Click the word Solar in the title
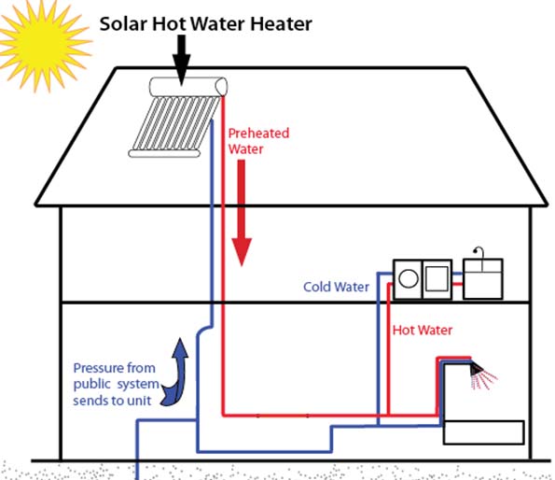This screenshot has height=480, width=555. [123, 24]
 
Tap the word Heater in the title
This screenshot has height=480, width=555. [281, 24]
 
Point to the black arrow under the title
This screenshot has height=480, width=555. [181, 60]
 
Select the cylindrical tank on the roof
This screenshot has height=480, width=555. [188, 87]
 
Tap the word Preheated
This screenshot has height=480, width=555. [258, 134]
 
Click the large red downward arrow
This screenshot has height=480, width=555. [242, 213]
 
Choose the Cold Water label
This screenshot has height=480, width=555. [336, 287]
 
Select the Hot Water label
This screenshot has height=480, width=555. [423, 331]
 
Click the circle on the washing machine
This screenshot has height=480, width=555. [409, 278]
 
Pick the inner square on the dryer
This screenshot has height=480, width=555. [437, 278]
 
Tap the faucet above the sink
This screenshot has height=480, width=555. [479, 253]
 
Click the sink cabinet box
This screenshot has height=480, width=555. [483, 279]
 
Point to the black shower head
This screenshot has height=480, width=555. [476, 370]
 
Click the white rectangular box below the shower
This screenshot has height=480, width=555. [483, 432]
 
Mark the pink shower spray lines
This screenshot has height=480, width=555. [485, 380]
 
